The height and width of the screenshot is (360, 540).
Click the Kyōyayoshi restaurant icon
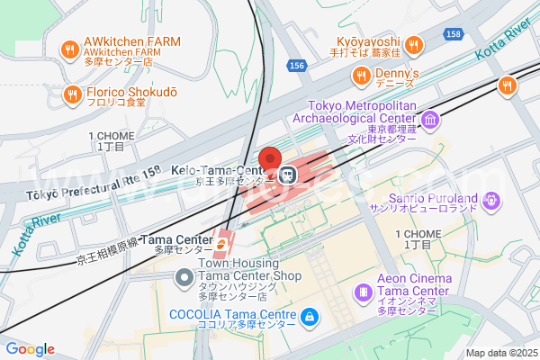click(413, 45)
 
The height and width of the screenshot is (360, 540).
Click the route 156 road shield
click(297, 67)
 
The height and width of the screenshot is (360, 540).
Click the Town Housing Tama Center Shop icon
click(184, 275)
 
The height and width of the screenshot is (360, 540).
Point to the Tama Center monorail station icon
click(221, 241)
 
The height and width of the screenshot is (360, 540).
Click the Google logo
click(30, 349)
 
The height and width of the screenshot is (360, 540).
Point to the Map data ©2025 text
click(500, 353)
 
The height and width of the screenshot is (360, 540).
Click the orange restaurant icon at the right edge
click(508, 85)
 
